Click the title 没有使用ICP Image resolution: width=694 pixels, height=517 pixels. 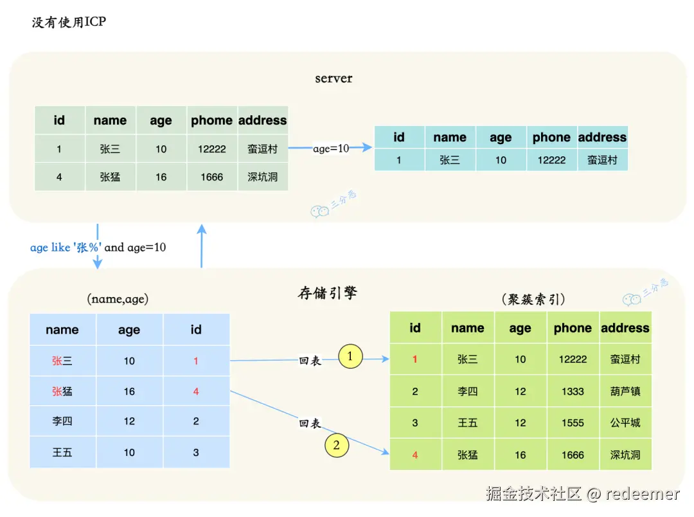coord(69,23)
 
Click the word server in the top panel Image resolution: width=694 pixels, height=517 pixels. coord(334,78)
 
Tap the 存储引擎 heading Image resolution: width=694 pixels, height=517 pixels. coord(327,294)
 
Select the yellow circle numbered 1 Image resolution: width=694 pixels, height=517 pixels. coord(350,356)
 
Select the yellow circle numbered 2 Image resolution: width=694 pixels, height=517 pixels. coord(335,444)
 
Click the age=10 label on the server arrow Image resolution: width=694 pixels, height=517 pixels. coord(331,149)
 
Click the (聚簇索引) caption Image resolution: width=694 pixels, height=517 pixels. coord(533,299)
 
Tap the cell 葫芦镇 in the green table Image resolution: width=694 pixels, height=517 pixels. coord(625,391)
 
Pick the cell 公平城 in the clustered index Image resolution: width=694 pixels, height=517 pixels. coord(625,423)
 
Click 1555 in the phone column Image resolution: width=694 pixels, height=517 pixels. coord(572,423)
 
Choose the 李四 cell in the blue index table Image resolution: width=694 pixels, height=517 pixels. coord(62,421)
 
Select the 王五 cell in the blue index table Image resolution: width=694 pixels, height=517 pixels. coord(62,453)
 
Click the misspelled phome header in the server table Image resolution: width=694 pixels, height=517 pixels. coord(211,120)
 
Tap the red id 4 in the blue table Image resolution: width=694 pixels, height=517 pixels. coord(196,391)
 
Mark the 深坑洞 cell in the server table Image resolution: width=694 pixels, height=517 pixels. coord(262,177)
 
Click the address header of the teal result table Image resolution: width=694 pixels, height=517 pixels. coord(602,137)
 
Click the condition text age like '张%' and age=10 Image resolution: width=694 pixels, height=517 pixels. coord(98,248)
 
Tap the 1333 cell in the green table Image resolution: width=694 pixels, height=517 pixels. coord(572,391)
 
